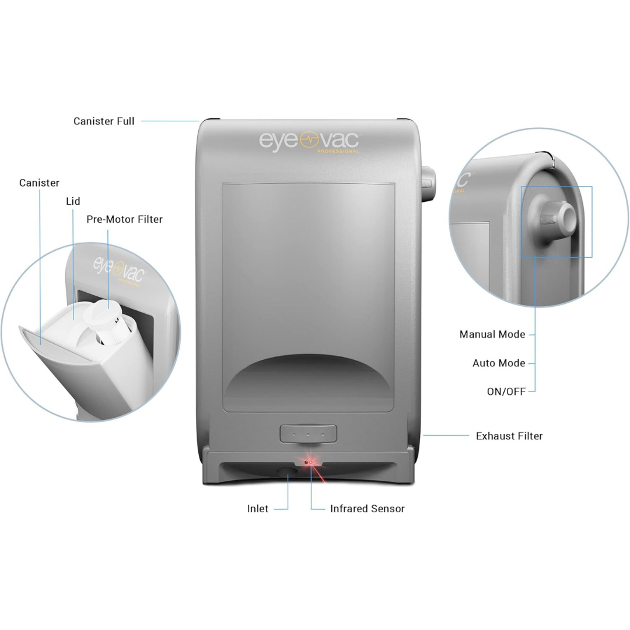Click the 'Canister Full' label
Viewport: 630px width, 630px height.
pyautogui.click(x=104, y=121)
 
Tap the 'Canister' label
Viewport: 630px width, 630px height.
pyautogui.click(x=39, y=183)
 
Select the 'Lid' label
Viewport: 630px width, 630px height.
pyautogui.click(x=73, y=201)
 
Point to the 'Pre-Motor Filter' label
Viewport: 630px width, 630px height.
pyautogui.click(x=125, y=219)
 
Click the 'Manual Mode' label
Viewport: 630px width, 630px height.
pyautogui.click(x=492, y=334)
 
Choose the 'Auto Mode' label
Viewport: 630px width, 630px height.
pyautogui.click(x=499, y=363)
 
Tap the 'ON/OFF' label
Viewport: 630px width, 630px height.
pyautogui.click(x=506, y=392)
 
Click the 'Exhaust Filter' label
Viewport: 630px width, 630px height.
pyautogui.click(x=509, y=436)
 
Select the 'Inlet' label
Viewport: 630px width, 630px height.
pyautogui.click(x=258, y=509)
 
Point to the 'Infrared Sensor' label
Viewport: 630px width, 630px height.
pyautogui.click(x=367, y=509)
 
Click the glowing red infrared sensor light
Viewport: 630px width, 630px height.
pyautogui.click(x=309, y=463)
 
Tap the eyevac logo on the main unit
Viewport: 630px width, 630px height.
pyautogui.click(x=309, y=141)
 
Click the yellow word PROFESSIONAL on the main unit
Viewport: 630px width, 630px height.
pyautogui.click(x=338, y=151)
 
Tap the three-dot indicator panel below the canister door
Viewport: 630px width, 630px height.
pyautogui.click(x=308, y=434)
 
